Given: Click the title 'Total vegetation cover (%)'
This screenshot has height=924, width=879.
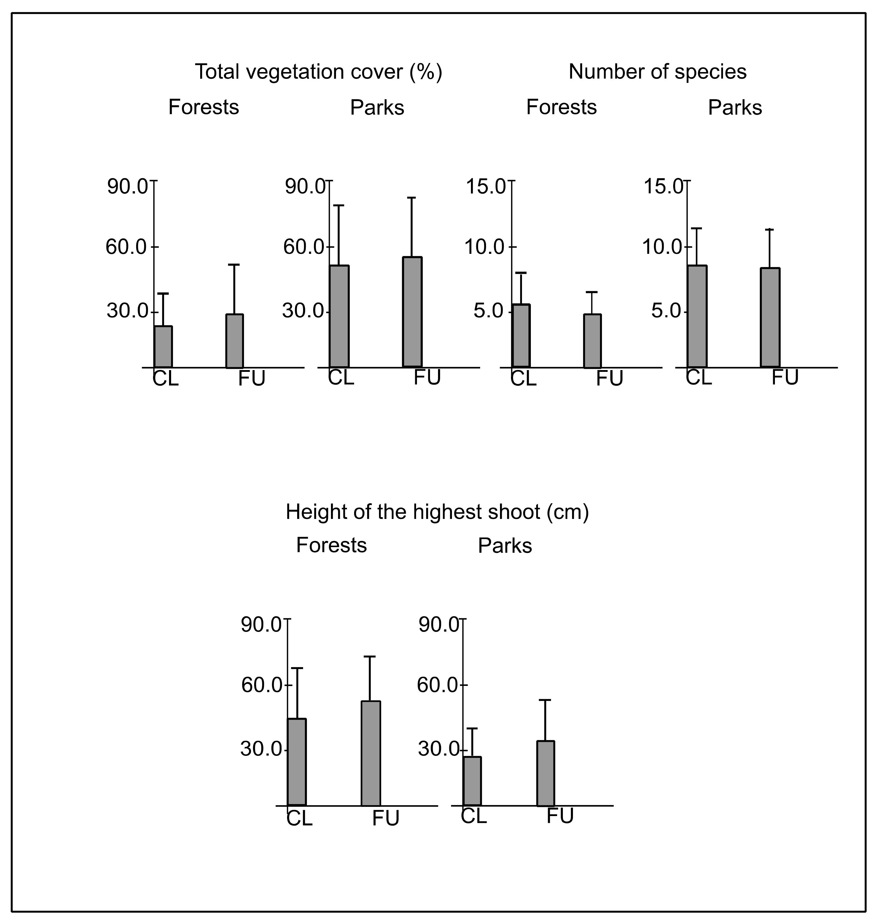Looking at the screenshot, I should click(x=318, y=72).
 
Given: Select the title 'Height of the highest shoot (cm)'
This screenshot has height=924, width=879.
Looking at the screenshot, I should click(x=437, y=512).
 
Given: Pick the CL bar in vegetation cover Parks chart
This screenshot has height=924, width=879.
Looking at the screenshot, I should click(x=339, y=316).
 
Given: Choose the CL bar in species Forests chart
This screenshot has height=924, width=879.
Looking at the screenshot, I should click(x=521, y=336).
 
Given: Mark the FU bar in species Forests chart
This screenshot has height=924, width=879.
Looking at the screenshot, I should click(x=592, y=341).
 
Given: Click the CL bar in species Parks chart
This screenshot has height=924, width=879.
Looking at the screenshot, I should click(x=697, y=316).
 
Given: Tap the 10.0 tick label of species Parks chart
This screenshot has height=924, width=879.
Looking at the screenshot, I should click(x=662, y=247).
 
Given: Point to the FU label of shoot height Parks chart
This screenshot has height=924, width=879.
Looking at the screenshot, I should click(x=560, y=817).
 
